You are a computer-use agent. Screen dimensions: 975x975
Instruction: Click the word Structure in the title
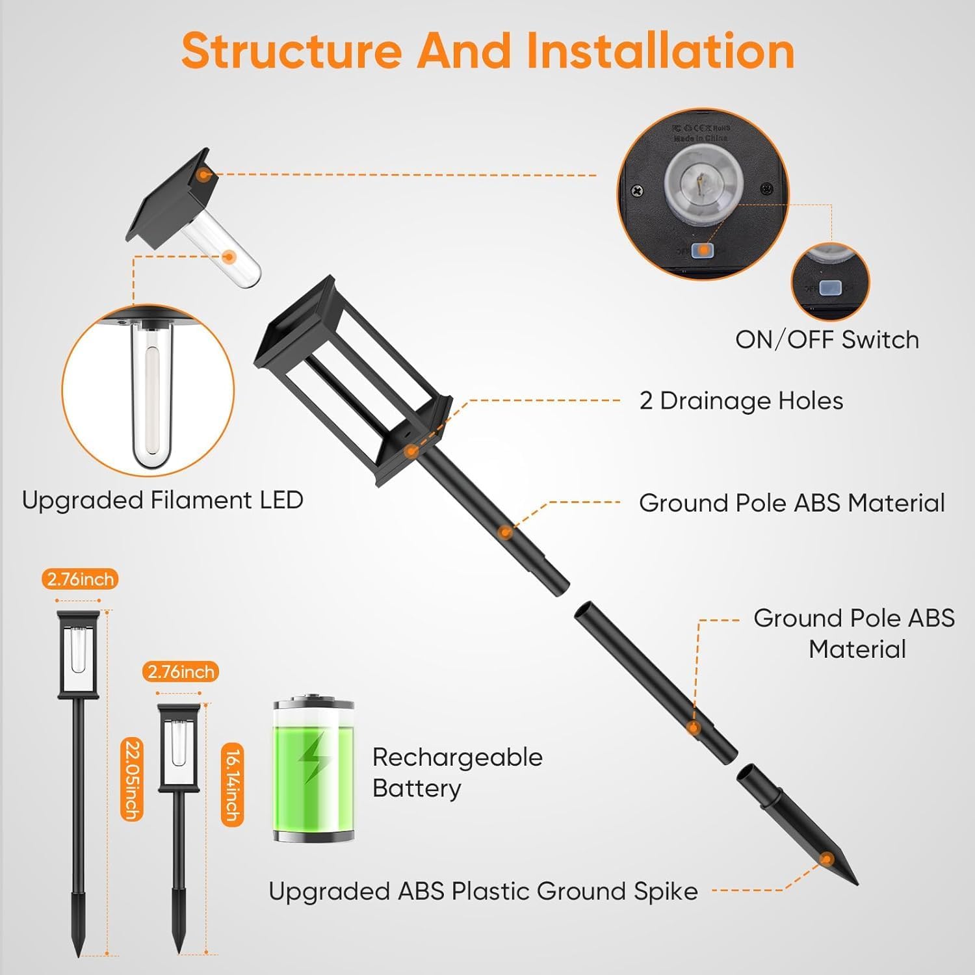(x=292, y=51)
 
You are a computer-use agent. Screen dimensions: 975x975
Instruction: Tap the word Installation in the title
(x=660, y=51)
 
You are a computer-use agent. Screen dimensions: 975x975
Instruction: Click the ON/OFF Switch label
(x=827, y=339)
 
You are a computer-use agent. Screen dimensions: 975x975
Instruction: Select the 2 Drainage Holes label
(x=741, y=400)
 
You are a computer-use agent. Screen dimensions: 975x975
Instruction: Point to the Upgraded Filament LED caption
(x=162, y=500)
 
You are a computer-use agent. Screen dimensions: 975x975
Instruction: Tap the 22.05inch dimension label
(x=132, y=780)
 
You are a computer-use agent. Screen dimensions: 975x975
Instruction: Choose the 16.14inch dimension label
(x=232, y=785)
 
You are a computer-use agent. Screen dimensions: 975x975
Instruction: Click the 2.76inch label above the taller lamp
(x=81, y=579)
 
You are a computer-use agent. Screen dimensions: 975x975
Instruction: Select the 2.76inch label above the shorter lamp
(x=181, y=671)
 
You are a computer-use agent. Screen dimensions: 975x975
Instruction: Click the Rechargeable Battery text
(x=457, y=773)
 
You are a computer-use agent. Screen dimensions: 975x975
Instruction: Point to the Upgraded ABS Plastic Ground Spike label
(x=483, y=891)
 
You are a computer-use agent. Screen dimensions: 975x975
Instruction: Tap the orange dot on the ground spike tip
(x=826, y=859)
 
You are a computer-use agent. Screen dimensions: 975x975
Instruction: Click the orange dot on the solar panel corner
(x=205, y=174)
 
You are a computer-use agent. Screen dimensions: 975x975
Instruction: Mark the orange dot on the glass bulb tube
(x=228, y=257)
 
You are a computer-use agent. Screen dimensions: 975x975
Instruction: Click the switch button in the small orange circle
(x=829, y=288)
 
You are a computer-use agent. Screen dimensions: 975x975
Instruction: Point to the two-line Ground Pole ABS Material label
(x=854, y=634)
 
